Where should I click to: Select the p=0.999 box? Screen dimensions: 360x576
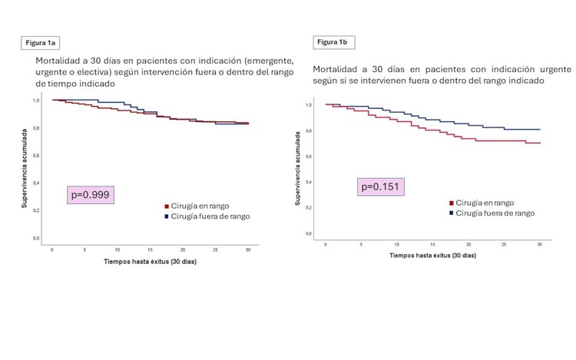pos(91,195)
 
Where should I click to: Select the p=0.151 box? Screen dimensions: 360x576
pos(381,187)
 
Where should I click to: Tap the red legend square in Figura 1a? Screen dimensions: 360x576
pos(166,206)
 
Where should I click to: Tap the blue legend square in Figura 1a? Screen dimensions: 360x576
pos(166,216)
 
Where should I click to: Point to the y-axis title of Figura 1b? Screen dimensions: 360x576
pos(297,168)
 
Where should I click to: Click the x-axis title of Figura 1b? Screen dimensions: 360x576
pos(432,254)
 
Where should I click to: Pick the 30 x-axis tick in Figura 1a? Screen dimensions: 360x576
pos(247,249)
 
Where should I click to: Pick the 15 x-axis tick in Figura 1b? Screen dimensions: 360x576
pos(432,243)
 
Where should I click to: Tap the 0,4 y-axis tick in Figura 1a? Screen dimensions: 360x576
pos(35,183)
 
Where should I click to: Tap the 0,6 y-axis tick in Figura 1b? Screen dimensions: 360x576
pos(309,156)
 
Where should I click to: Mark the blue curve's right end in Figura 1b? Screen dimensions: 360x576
pos(539,129)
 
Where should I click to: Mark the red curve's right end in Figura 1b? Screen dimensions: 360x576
pos(539,143)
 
